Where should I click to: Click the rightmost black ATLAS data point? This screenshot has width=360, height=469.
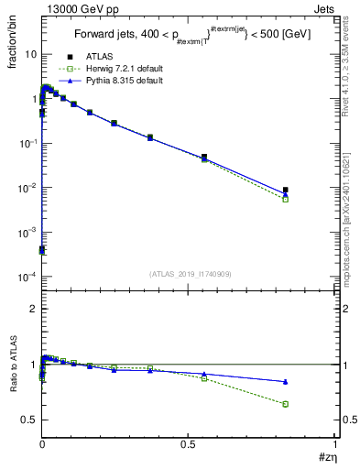click(286, 191)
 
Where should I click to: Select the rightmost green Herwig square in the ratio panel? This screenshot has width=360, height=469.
click(286, 404)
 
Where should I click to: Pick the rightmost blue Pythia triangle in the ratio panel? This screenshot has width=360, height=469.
click(286, 382)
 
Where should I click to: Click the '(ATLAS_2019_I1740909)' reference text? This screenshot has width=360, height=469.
click(190, 274)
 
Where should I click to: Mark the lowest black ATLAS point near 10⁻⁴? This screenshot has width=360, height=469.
click(42, 249)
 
